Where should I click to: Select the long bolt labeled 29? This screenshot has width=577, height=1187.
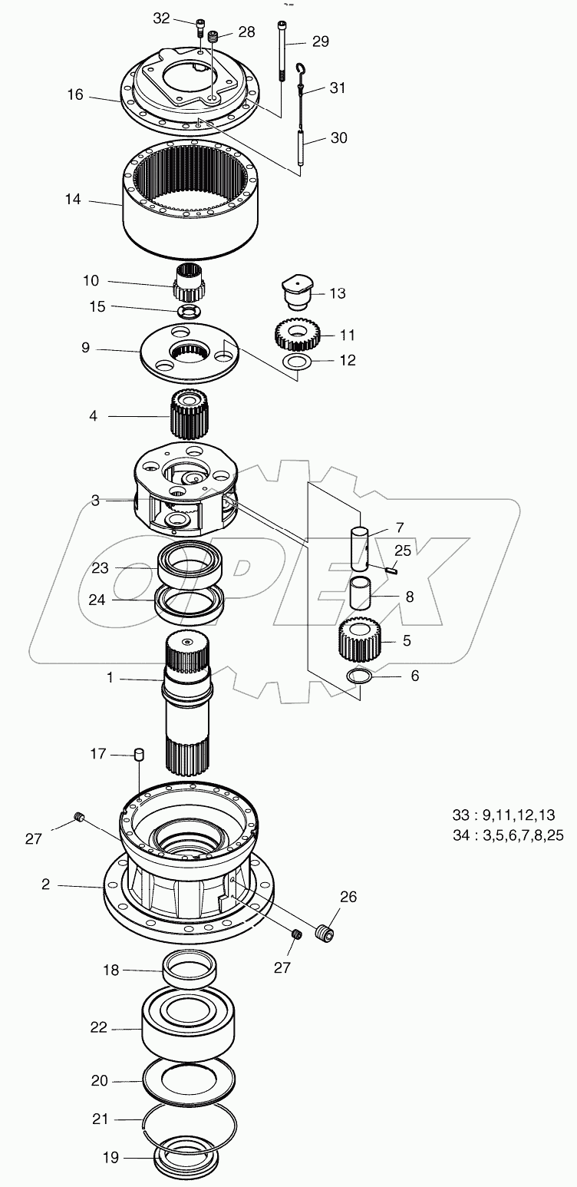283,46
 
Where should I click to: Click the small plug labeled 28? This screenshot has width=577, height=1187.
214,35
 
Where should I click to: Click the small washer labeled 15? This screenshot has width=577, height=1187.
187,311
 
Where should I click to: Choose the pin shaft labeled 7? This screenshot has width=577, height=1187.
360,546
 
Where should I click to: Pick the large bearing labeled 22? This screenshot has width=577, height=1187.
188,1027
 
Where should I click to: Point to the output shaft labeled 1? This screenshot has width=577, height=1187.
188,706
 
